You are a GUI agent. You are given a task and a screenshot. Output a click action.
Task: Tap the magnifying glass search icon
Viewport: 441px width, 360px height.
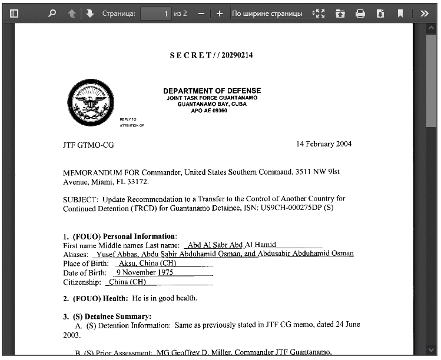pyautogui.click(x=52, y=13)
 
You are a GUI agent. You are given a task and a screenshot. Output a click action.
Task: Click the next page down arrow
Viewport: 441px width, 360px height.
pyautogui.click(x=90, y=13)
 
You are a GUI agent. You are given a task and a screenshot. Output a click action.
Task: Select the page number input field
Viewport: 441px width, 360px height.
pyautogui.click(x=156, y=13)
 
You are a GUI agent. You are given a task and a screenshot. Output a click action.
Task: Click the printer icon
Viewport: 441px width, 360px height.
pyautogui.click(x=360, y=13)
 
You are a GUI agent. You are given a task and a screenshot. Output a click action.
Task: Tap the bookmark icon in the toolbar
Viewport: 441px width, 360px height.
pyautogui.click(x=400, y=13)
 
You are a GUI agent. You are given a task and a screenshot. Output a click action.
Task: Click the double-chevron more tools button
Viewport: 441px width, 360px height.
pyautogui.click(x=424, y=13)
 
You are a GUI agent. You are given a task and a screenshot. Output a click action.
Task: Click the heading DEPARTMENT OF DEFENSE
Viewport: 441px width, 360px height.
pyautogui.click(x=212, y=91)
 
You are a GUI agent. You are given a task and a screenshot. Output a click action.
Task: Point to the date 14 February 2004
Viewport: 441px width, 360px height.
pyautogui.click(x=324, y=144)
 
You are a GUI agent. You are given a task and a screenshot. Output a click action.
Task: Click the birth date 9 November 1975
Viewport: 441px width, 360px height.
pyautogui.click(x=144, y=272)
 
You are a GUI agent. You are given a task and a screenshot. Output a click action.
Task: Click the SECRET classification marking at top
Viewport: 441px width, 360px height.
pyautogui.click(x=211, y=55)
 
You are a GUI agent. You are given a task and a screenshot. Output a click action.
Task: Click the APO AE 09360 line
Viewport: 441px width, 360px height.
pyautogui.click(x=209, y=110)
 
